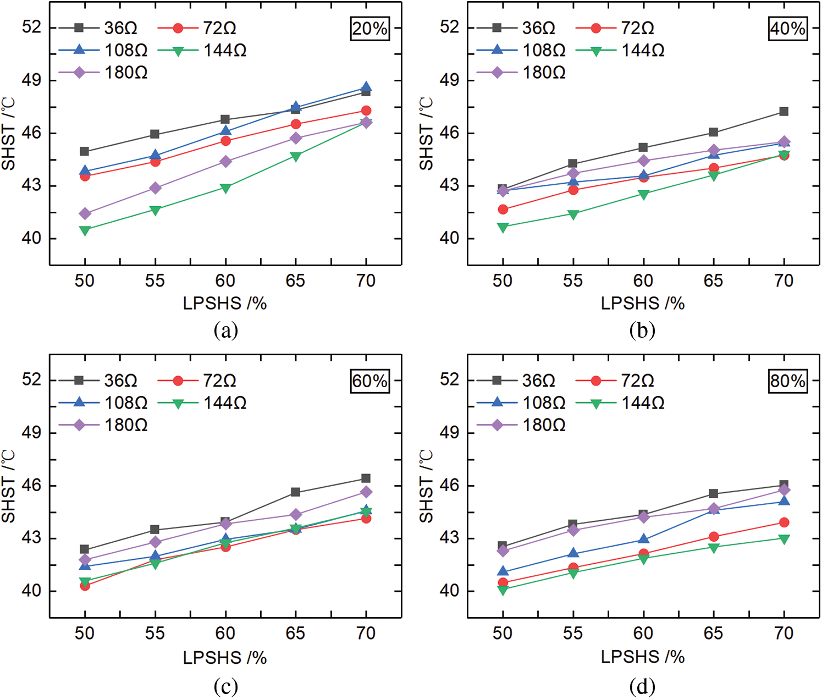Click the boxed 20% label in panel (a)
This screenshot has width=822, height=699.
pos(369,29)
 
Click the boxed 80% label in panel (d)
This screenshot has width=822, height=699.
pos(787,381)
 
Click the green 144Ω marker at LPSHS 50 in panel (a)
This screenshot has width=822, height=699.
pos(85,230)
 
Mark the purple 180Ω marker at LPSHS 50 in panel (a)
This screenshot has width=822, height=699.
pos(85,213)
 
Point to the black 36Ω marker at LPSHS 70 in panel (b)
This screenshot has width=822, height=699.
pos(784,112)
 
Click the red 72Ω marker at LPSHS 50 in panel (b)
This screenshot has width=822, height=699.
pos(503,210)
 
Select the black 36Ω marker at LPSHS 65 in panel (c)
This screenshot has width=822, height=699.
pos(296,492)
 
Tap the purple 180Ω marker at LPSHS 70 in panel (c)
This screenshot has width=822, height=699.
pos(366,492)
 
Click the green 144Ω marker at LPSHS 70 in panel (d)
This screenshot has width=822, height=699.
pos(784,539)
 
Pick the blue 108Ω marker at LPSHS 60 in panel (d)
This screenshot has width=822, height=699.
pos(643,540)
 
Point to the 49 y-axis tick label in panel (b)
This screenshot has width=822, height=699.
pos(449,80)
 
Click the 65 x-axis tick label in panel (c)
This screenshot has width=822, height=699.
pos(295,634)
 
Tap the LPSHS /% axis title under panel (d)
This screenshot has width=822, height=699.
pos(642,657)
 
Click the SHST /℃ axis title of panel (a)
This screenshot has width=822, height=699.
pos(8,134)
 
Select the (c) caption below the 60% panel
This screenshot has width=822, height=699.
pos(225,686)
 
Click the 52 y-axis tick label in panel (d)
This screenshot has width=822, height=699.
pos(449,379)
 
